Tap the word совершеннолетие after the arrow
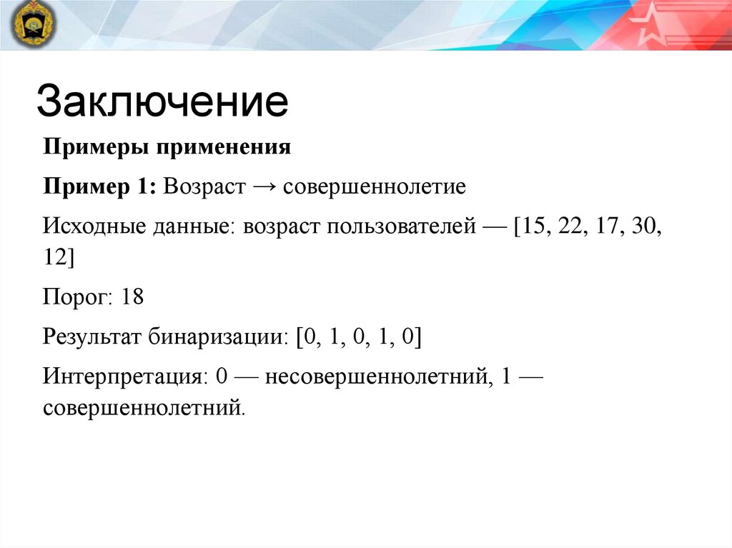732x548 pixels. [375, 187]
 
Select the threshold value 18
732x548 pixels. [133, 297]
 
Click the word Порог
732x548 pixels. [76, 297]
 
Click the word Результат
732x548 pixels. [92, 336]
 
